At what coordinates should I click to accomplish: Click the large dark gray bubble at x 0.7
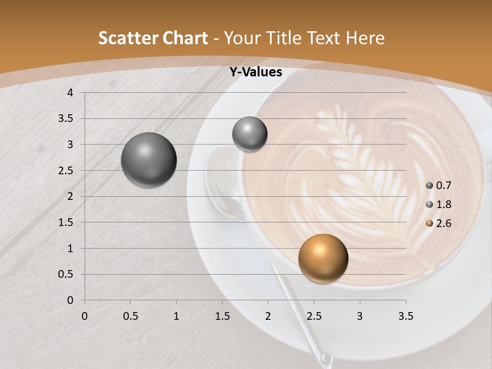click(x=149, y=160)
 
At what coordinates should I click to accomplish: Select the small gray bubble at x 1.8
click(x=250, y=134)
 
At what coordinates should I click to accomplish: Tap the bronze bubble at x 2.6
click(x=323, y=258)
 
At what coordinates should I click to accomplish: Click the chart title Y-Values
click(x=256, y=72)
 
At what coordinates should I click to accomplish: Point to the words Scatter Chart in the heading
click(x=153, y=38)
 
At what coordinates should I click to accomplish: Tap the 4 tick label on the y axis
click(x=70, y=93)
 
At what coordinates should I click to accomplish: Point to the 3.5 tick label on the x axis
click(x=405, y=316)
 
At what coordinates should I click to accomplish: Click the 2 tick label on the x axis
click(x=268, y=316)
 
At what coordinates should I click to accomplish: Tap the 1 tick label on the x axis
click(x=176, y=316)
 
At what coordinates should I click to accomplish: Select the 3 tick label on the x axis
click(x=360, y=316)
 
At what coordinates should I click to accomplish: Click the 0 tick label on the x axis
click(x=85, y=316)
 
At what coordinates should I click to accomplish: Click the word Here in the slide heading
click(x=364, y=38)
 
